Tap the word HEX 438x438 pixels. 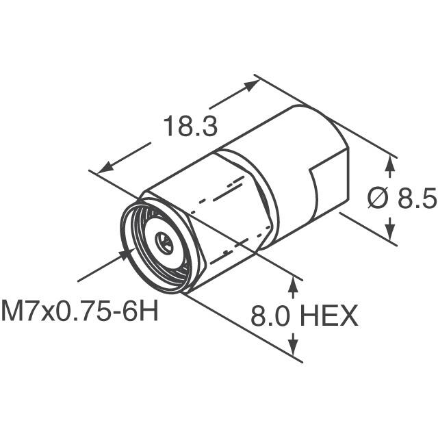click(x=331, y=315)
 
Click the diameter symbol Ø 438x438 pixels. click(x=378, y=198)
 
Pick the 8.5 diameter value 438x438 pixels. click(x=417, y=198)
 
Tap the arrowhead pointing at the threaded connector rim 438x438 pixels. click(x=126, y=254)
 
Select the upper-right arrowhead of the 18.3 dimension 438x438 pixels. click(x=254, y=83)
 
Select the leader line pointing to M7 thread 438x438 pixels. click(x=100, y=268)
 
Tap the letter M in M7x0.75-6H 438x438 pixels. click(x=12, y=313)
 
